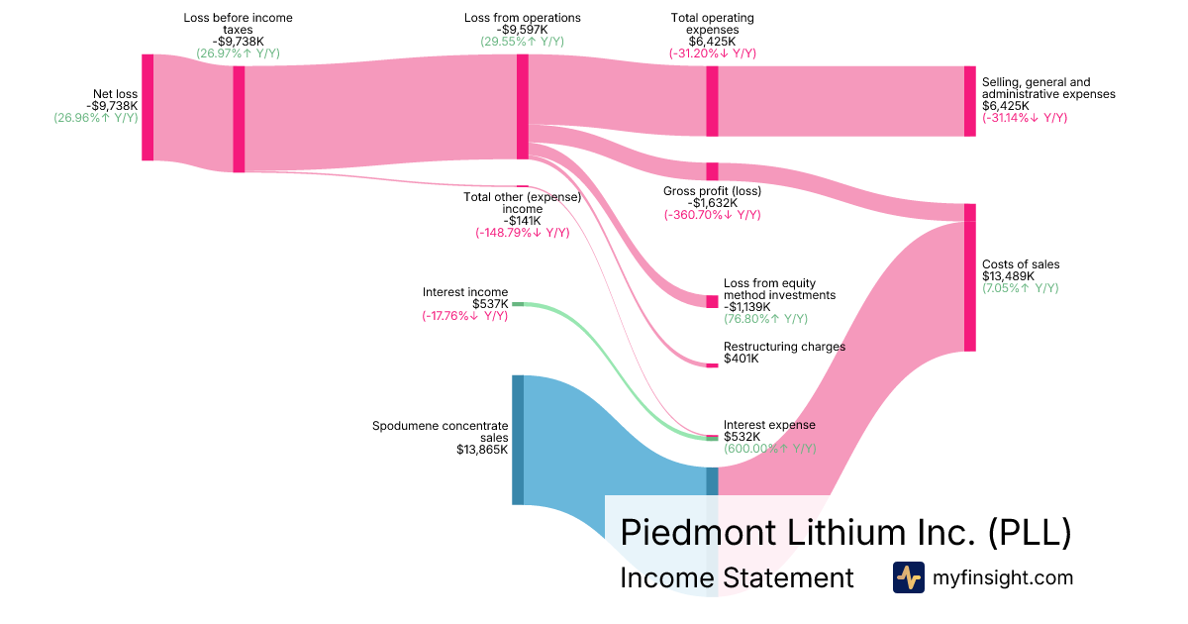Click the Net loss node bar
tap(148, 107)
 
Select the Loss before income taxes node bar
tap(239, 119)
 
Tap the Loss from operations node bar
tap(523, 106)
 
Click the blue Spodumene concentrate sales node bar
tap(518, 440)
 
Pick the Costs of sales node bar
tap(970, 277)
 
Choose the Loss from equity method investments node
tap(712, 301)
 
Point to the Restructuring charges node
tap(712, 365)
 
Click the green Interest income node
tap(518, 304)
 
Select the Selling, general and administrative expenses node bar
tap(970, 101)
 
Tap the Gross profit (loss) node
tap(712, 171)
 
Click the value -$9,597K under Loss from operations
tap(523, 30)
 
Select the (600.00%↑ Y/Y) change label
tap(769, 449)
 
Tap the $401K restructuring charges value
tap(742, 359)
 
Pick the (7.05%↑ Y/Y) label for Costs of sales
tap(1020, 288)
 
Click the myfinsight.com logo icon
tap(908, 577)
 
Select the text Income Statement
tap(737, 577)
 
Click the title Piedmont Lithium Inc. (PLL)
tap(845, 532)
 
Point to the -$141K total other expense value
tap(521, 221)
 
